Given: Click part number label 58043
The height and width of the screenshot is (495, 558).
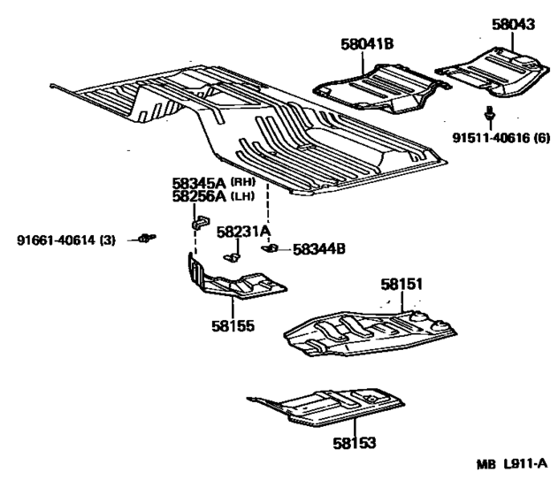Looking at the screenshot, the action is (x=513, y=25).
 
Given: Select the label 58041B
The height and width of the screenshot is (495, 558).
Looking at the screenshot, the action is (x=367, y=44).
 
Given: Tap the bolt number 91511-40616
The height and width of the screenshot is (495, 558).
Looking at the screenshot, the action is (x=491, y=138).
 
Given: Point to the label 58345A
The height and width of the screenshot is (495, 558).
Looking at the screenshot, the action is (x=199, y=184).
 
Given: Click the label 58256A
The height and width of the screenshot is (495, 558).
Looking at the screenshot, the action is (x=199, y=196).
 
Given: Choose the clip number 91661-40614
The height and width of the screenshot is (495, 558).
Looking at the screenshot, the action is (x=57, y=240).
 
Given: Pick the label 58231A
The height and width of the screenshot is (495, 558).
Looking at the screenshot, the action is (x=244, y=232).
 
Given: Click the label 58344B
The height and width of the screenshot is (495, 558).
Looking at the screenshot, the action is (x=319, y=249).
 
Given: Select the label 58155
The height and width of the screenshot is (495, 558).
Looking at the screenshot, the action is (x=233, y=326).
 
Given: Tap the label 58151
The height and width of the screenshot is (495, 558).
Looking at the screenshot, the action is (x=401, y=284).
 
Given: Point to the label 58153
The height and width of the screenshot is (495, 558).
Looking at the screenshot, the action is (x=354, y=443).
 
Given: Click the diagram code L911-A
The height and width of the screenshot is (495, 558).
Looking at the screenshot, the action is (x=525, y=464).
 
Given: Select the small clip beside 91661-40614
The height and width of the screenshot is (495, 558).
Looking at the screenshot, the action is (x=148, y=237).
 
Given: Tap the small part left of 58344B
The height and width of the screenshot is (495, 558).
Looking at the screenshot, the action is (x=270, y=247).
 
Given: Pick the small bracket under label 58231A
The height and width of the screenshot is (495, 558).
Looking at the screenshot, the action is (x=232, y=257).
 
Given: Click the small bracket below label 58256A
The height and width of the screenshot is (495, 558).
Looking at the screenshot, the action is (x=201, y=222).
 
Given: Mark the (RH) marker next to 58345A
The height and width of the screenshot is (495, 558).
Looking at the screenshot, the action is (x=243, y=182).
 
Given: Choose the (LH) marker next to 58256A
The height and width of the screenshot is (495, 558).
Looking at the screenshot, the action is (x=242, y=196).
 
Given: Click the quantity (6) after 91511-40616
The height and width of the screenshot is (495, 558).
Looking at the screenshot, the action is (x=541, y=138).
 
